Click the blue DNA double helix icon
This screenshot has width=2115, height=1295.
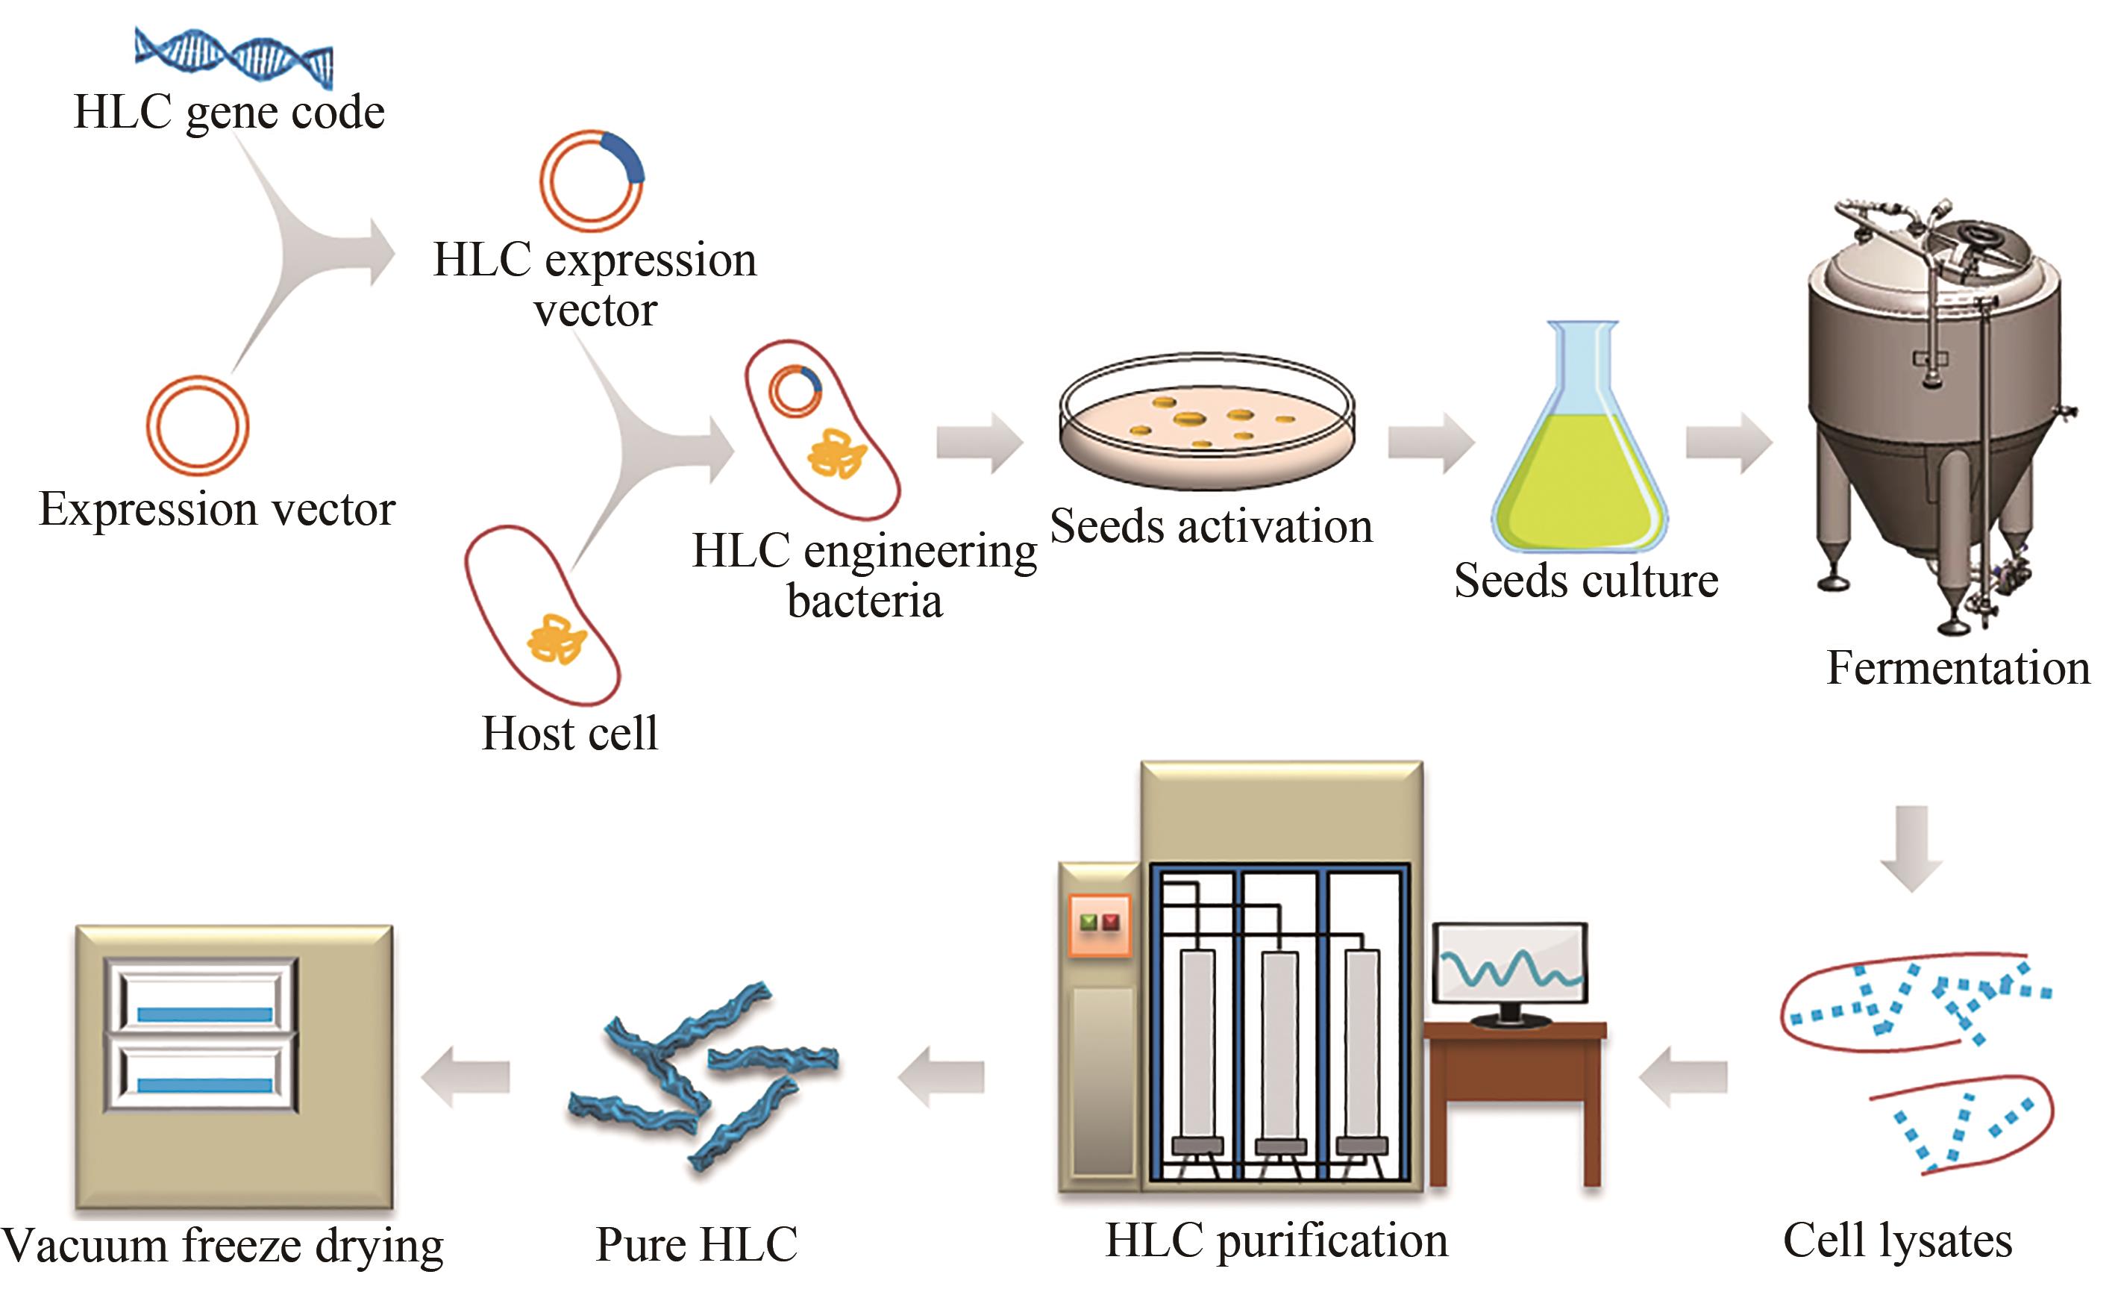pyautogui.click(x=234, y=57)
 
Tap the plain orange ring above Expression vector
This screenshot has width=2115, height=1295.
pyautogui.click(x=198, y=426)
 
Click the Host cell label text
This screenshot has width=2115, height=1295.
pyautogui.click(x=570, y=734)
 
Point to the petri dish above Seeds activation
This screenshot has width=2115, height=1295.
pyautogui.click(x=1207, y=421)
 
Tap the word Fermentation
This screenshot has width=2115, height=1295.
pyautogui.click(x=1958, y=668)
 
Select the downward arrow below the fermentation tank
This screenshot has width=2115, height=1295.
pyautogui.click(x=1911, y=846)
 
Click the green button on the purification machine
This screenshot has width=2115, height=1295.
pyautogui.click(x=1088, y=923)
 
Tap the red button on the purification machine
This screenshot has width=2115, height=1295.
pyautogui.click(x=1112, y=923)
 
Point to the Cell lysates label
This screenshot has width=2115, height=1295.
pyautogui.click(x=1897, y=1242)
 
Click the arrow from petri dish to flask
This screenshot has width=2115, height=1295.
pyautogui.click(x=1430, y=443)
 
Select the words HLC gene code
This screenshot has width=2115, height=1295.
pyautogui.click(x=229, y=113)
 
